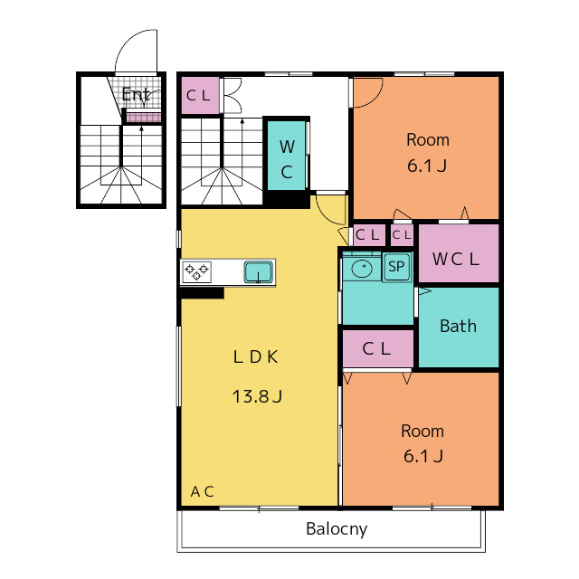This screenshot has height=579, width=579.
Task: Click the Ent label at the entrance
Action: click(x=136, y=95)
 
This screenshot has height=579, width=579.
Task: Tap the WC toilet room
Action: click(x=287, y=156)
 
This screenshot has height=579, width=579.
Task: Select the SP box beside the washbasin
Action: click(x=396, y=266)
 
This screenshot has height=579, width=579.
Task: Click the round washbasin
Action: click(x=362, y=268)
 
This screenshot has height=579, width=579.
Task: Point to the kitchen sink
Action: click(x=259, y=272)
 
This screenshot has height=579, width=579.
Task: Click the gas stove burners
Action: click(x=197, y=272)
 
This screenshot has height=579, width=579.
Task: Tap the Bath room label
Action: click(x=459, y=327)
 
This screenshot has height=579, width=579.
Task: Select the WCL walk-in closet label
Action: click(x=456, y=259)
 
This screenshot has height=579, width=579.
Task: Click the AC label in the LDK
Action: click(x=202, y=491)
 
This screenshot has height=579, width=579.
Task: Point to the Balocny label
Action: click(x=337, y=529)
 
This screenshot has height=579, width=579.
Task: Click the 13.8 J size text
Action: click(x=257, y=396)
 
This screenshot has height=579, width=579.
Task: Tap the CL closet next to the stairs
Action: click(x=201, y=96)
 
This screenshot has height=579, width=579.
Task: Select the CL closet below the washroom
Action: click(x=378, y=348)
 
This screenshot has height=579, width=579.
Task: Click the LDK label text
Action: click(x=255, y=356)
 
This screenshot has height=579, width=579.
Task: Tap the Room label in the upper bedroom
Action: click(x=428, y=140)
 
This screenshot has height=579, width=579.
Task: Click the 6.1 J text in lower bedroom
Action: click(x=423, y=456)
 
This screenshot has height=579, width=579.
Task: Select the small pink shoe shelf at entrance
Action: click(x=144, y=118)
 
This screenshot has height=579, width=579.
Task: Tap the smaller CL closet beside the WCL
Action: click(x=402, y=235)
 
